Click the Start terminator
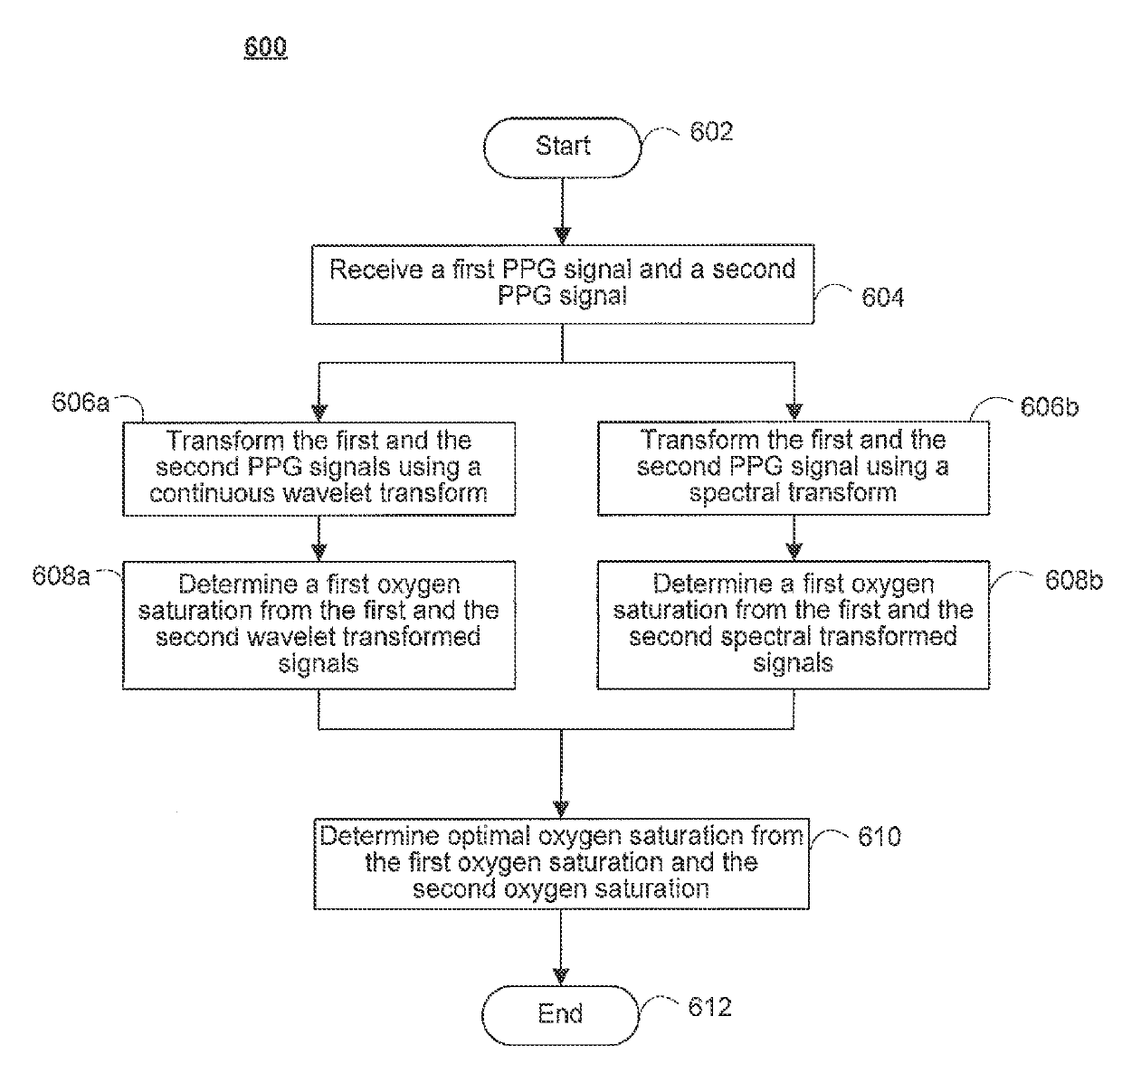click(x=562, y=147)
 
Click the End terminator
click(x=560, y=1014)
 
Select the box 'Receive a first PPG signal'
click(x=562, y=283)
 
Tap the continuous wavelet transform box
click(x=319, y=468)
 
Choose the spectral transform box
click(x=793, y=468)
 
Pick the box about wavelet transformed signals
click(x=319, y=624)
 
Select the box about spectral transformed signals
click(x=793, y=624)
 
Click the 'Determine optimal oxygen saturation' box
click(x=561, y=863)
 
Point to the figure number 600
click(x=265, y=47)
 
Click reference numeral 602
click(x=711, y=132)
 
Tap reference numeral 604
click(x=882, y=298)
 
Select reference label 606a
click(x=81, y=403)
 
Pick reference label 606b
click(x=1049, y=407)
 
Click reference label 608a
click(x=61, y=576)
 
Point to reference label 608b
click(x=1073, y=581)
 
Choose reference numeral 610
click(x=879, y=837)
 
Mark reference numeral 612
click(x=709, y=1008)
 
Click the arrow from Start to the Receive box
click(x=562, y=210)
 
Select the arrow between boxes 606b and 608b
click(x=794, y=538)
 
